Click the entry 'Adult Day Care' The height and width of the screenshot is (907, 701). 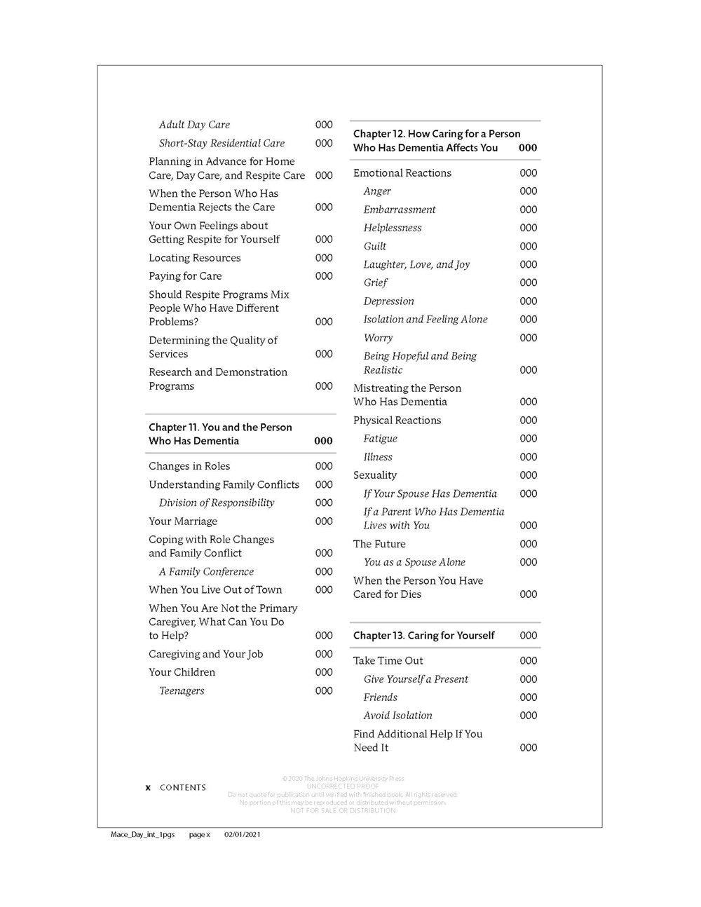click(194, 125)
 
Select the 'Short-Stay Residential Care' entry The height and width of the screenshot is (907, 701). click(222, 143)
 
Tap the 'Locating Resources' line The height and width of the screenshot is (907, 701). click(194, 258)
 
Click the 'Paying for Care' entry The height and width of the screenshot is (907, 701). click(185, 276)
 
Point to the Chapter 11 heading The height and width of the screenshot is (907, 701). click(220, 434)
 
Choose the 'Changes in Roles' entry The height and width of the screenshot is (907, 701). click(189, 466)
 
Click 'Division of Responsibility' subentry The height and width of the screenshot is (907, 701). click(217, 503)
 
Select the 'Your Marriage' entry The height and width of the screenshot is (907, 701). click(183, 521)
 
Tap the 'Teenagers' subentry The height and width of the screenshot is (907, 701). click(182, 690)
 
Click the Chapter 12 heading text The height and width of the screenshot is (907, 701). click(436, 140)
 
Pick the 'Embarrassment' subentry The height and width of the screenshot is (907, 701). click(399, 210)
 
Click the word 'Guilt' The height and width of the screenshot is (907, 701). click(374, 246)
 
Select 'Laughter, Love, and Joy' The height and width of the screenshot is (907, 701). click(416, 264)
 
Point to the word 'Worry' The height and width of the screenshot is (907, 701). click(378, 338)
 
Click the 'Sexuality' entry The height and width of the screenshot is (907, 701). click(375, 475)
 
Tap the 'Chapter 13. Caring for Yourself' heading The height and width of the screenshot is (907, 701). click(423, 636)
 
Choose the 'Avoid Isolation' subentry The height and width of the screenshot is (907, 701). click(397, 716)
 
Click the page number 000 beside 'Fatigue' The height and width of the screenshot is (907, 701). click(529, 439)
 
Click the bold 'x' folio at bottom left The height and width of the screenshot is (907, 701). click(148, 788)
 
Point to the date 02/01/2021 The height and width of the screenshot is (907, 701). click(243, 835)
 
